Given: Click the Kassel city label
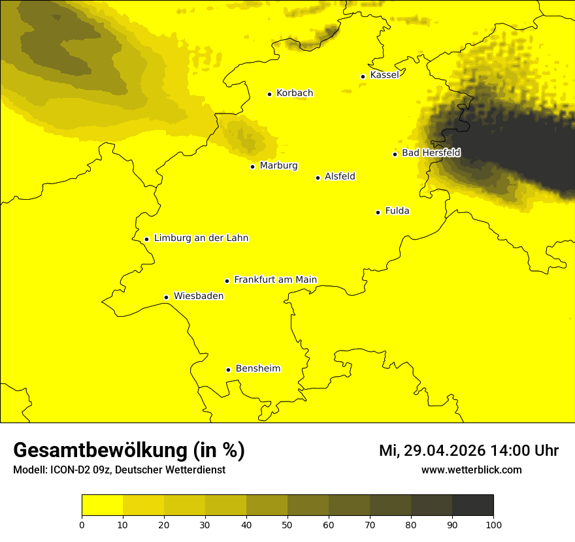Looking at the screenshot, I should (384, 75).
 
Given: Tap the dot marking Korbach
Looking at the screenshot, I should (269, 94).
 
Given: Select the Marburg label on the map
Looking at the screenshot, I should (278, 166).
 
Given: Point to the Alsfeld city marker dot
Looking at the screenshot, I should (318, 178).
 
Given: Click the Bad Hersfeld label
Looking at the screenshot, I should (431, 153).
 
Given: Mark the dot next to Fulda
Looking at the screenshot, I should (378, 212).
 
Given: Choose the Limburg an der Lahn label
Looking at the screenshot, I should (201, 238).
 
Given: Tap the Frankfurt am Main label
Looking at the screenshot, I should (275, 279).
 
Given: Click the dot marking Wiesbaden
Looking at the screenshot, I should (167, 297).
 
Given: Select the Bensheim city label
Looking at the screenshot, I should (257, 368).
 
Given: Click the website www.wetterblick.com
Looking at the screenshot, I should (472, 470).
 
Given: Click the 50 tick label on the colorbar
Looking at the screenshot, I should (287, 524).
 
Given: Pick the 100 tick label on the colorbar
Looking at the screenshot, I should (493, 524).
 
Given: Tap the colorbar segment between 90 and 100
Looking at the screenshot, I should (472, 505).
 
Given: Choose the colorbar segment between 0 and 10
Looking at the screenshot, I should (102, 505).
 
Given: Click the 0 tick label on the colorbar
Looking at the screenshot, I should (82, 524).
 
